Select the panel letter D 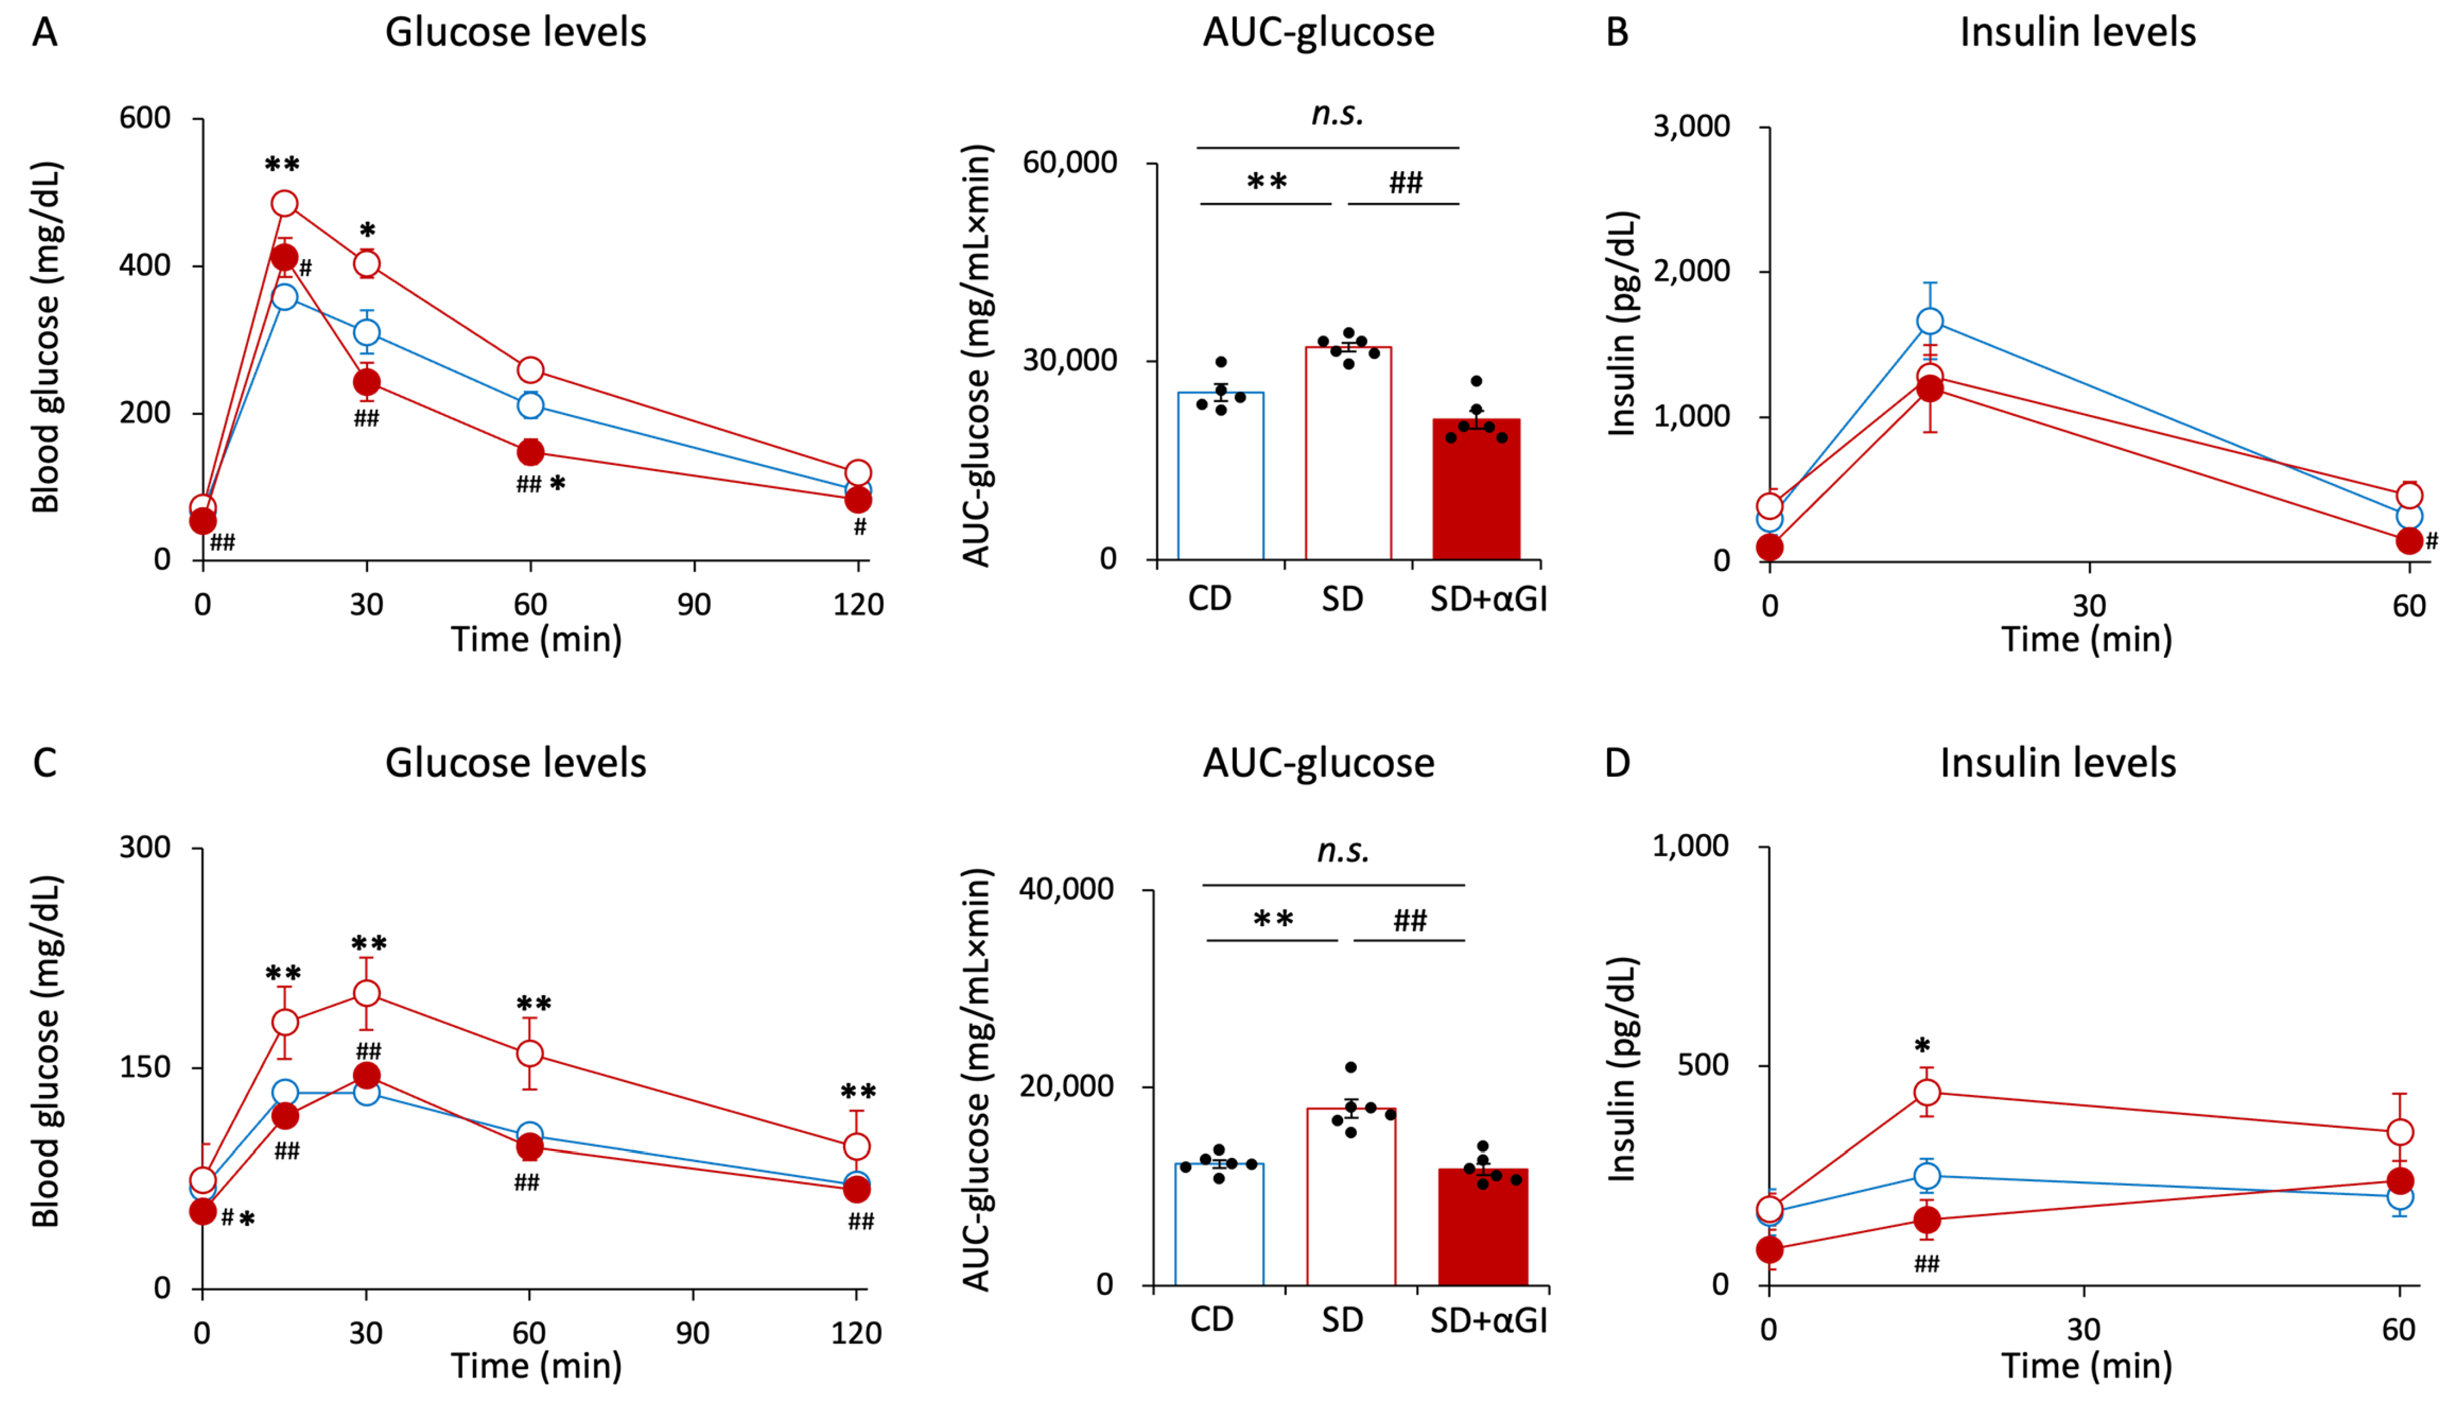1617,763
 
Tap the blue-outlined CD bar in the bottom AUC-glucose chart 1219,1224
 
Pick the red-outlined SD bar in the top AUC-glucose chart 1348,453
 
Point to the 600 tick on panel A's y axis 144,118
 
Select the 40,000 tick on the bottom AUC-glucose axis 1066,889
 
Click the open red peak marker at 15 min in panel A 285,203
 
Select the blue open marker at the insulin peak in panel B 1929,321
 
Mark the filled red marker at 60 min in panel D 2399,1181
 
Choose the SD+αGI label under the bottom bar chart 1488,1319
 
